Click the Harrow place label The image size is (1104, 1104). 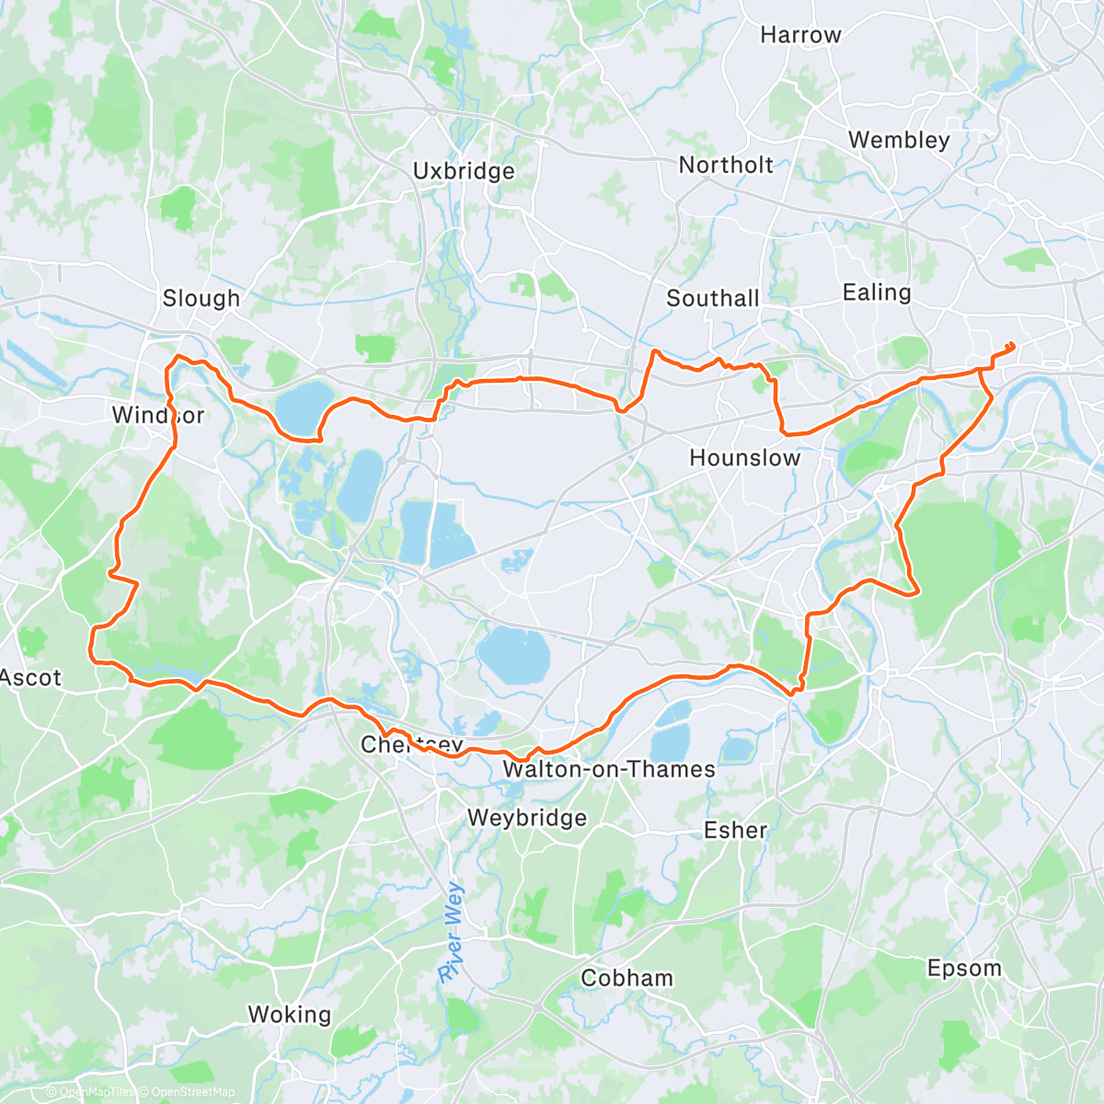[x=800, y=35]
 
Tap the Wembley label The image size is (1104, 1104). [x=899, y=140]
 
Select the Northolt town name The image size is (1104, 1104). [x=726, y=165]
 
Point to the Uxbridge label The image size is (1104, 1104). [x=464, y=171]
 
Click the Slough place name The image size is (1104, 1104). [x=201, y=298]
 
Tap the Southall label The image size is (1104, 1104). [x=713, y=298]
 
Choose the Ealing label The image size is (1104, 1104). [x=877, y=293]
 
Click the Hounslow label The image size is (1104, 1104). [x=745, y=457]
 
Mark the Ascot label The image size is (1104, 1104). [x=31, y=678]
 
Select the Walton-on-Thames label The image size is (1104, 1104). [x=609, y=769]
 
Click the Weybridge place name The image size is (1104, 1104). [x=526, y=818]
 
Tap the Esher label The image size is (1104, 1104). [x=735, y=830]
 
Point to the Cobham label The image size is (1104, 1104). [x=627, y=978]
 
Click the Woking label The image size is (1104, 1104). [x=289, y=1015]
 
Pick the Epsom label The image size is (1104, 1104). [x=964, y=968]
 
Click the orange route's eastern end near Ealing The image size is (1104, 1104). [x=1012, y=345]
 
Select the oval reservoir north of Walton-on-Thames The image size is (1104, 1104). [x=513, y=656]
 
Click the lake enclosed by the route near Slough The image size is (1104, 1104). [x=305, y=407]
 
